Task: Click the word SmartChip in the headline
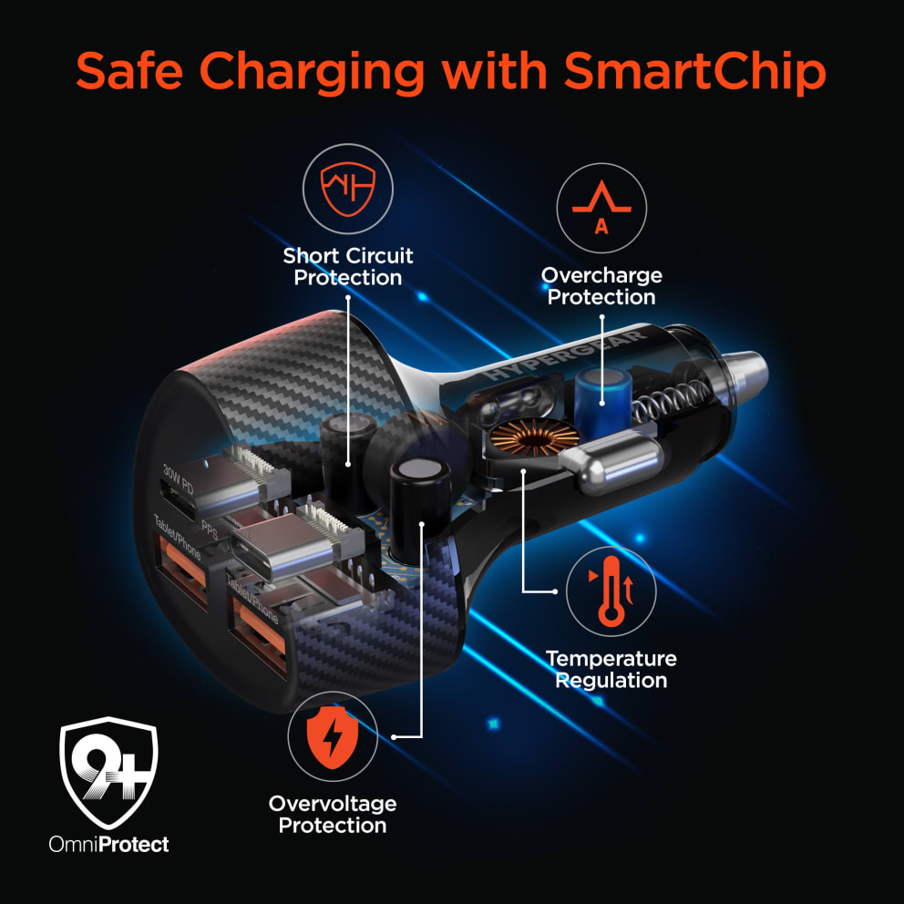click(x=694, y=73)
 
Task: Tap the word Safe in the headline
click(x=129, y=70)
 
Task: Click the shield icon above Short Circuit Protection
click(x=347, y=189)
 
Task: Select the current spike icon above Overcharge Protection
click(x=601, y=207)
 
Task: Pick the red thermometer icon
click(x=611, y=591)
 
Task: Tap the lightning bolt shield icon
click(x=332, y=737)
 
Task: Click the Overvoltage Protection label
click(x=333, y=815)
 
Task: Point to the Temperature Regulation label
click(x=611, y=670)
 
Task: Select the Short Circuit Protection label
click(x=347, y=266)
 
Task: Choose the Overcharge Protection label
click(x=601, y=286)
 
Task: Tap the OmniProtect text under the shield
click(x=109, y=845)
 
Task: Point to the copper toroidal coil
click(x=534, y=438)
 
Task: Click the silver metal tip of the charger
click(x=744, y=371)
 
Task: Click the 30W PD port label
click(x=178, y=478)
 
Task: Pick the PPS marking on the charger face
click(x=210, y=529)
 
